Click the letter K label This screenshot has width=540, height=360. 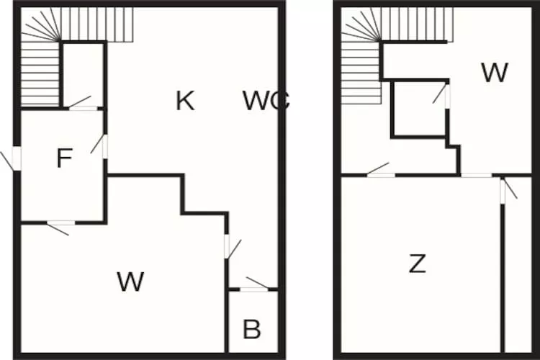pyautogui.click(x=185, y=102)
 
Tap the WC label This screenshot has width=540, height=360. pyautogui.click(x=266, y=102)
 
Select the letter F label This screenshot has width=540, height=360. pyautogui.click(x=64, y=158)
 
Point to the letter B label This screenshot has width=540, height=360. pyautogui.click(x=251, y=330)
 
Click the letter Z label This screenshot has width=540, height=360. pyautogui.click(x=417, y=264)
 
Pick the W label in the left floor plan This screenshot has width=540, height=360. pyautogui.click(x=130, y=282)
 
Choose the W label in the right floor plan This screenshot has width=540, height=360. pyautogui.click(x=495, y=73)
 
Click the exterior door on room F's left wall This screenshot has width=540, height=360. pyautogui.click(x=16, y=158)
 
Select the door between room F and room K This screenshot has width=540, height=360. pyautogui.click(x=104, y=146)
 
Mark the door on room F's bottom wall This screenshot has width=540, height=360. pyautogui.click(x=60, y=223)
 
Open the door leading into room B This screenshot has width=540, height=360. pyautogui.click(x=253, y=289)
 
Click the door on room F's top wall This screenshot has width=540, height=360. pyautogui.click(x=84, y=108)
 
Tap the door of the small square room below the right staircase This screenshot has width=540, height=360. pyautogui.click(x=447, y=97)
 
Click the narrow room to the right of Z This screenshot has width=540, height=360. pyautogui.click(x=517, y=274)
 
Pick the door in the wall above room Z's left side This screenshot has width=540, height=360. pyautogui.click(x=381, y=174)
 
